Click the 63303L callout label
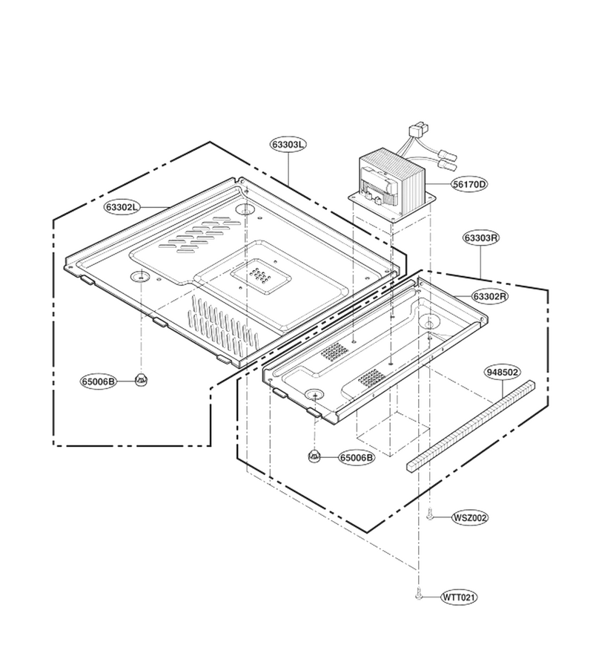(288, 145)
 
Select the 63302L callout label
(122, 207)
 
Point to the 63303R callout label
(480, 238)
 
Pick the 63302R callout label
(490, 296)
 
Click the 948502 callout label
(503, 373)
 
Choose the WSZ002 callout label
(469, 517)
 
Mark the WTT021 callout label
(459, 597)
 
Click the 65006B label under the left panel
(99, 381)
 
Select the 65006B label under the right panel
(357, 457)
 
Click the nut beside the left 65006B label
(141, 379)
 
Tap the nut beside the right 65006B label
(314, 455)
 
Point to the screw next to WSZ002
(431, 515)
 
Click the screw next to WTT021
(419, 595)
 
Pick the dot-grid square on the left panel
(262, 275)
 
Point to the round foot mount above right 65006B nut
(314, 395)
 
